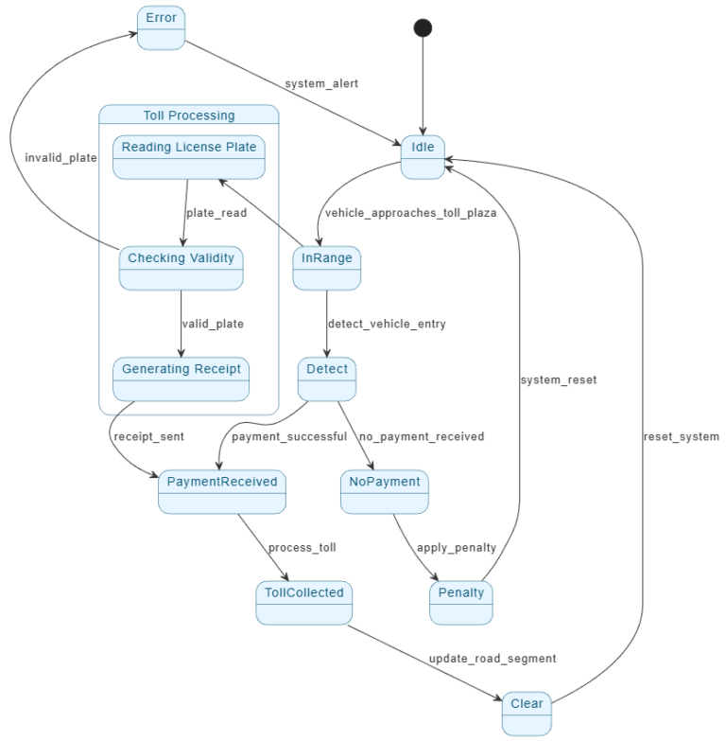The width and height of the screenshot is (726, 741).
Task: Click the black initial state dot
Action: point(423,27)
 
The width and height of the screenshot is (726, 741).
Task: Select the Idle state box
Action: point(423,156)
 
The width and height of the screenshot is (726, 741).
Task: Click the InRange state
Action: point(326,268)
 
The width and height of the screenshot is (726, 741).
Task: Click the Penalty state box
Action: point(461,603)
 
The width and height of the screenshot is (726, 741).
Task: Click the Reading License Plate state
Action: point(189,157)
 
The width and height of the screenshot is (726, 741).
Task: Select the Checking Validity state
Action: point(181,268)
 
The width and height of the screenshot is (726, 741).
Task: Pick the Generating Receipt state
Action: point(181,379)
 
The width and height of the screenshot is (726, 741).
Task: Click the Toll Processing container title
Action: point(189,115)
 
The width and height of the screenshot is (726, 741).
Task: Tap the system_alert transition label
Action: point(321,83)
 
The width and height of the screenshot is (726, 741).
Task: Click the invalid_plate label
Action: point(61,158)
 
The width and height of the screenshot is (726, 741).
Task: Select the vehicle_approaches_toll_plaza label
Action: point(410,213)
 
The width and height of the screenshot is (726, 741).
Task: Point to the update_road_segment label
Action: point(493,658)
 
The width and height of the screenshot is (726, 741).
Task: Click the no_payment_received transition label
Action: point(421,436)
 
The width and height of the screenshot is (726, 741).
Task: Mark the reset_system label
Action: point(681,436)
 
